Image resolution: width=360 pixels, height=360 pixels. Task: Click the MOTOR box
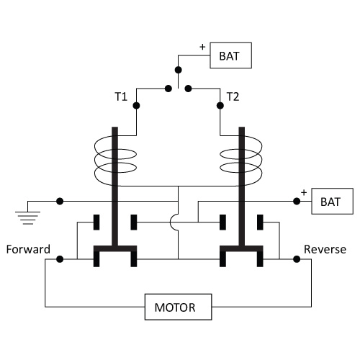coord(178,307)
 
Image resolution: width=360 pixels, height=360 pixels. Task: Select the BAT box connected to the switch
coord(230,55)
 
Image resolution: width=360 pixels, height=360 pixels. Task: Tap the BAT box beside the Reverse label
coord(332,201)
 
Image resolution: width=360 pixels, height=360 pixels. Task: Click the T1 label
coord(121,96)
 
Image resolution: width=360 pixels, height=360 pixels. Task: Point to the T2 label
coord(233,96)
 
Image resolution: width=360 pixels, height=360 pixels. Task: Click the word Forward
coord(28,249)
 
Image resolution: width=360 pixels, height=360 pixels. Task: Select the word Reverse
coord(325,249)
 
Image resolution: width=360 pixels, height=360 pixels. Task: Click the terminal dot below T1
coord(136,105)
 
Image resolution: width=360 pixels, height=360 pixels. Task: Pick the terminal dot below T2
coord(220,105)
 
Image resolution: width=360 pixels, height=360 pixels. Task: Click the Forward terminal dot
coord(60,259)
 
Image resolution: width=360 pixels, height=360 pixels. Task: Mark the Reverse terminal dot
coord(297,259)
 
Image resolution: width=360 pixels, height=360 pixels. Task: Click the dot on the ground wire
coord(60,201)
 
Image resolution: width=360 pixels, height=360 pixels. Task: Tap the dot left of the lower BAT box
coord(297,201)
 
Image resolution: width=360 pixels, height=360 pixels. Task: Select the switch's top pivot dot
coord(178,70)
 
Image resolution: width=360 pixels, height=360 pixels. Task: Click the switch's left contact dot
coord(168,89)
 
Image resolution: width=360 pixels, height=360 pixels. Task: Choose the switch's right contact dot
coord(189,89)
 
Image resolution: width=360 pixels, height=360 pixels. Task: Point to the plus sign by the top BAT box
coord(202,47)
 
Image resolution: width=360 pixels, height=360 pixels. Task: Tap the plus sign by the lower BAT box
coord(304,192)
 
